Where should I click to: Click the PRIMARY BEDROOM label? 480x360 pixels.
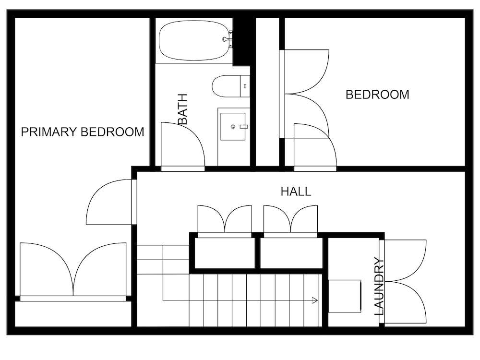point(83,132)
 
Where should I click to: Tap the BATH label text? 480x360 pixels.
point(182,109)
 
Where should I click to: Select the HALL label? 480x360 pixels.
point(296,192)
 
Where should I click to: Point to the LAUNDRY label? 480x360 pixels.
point(379,287)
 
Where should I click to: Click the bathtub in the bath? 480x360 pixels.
point(194,40)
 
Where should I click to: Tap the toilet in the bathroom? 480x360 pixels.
point(231,86)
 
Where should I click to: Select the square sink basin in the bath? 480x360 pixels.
point(233,126)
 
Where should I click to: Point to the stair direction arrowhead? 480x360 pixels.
point(314,300)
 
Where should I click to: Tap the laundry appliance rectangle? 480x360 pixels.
point(345,296)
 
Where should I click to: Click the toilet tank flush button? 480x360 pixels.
point(245,86)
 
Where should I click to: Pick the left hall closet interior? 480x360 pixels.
point(225,253)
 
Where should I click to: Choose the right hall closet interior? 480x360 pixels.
point(291,253)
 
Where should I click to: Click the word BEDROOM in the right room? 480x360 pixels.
point(377,95)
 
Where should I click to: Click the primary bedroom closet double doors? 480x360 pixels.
point(73,269)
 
